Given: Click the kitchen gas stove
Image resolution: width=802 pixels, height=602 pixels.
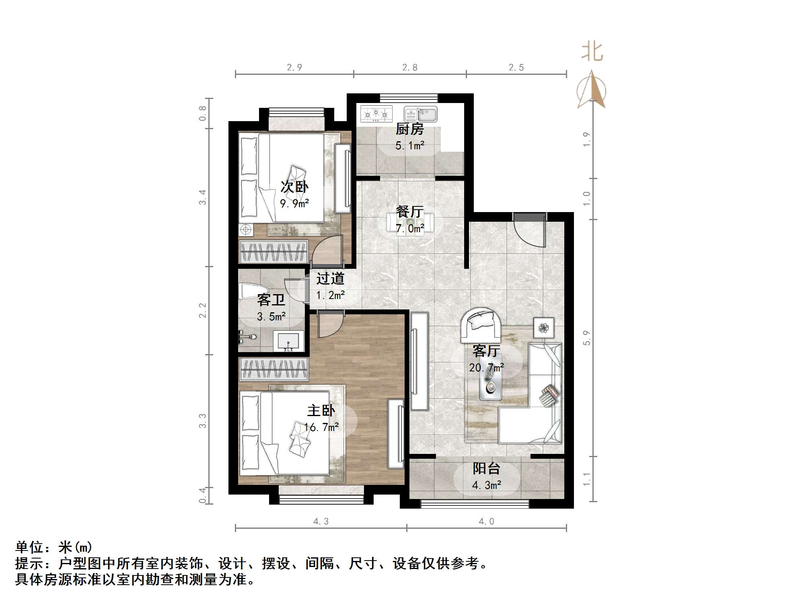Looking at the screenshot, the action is pyautogui.click(x=376, y=114).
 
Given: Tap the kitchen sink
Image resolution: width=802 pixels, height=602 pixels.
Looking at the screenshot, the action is pyautogui.click(x=421, y=114).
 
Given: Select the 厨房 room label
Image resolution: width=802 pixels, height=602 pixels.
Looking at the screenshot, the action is pyautogui.click(x=409, y=129).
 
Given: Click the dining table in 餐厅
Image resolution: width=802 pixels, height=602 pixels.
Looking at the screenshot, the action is pyautogui.click(x=410, y=222).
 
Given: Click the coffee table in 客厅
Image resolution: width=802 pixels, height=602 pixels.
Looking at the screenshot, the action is pyautogui.click(x=490, y=382).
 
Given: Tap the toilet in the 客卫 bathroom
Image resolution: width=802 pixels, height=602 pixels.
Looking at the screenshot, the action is pyautogui.click(x=253, y=291).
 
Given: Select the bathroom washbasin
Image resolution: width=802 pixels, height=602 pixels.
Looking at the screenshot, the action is pyautogui.click(x=288, y=341).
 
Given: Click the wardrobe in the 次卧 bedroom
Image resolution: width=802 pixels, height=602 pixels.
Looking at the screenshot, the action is pyautogui.click(x=274, y=252).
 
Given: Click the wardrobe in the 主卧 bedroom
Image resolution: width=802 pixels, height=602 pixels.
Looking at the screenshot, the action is pyautogui.click(x=274, y=369).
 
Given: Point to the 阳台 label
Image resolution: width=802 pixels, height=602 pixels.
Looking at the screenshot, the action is pyautogui.click(x=486, y=468).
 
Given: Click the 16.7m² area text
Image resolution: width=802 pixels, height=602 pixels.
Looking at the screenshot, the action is pyautogui.click(x=321, y=427).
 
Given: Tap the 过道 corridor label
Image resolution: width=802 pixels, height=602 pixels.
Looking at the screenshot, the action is pyautogui.click(x=330, y=278).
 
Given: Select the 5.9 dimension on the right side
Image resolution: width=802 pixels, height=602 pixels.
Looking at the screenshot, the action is pyautogui.click(x=586, y=338).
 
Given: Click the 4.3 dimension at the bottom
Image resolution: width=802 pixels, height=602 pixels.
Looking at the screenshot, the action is pyautogui.click(x=321, y=522).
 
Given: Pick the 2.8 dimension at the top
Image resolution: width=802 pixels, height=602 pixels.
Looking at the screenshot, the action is pyautogui.click(x=410, y=68).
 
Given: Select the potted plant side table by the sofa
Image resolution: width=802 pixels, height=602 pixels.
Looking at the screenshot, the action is pyautogui.click(x=544, y=328).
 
